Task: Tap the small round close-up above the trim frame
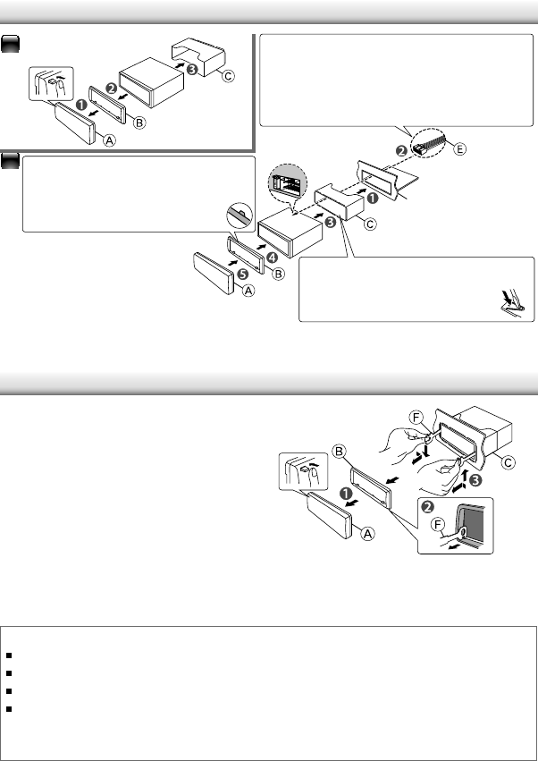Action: [238, 216]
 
